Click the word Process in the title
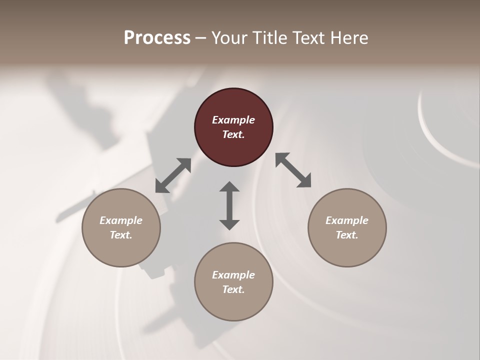(157, 38)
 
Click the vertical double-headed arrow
(229, 205)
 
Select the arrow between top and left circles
(173, 175)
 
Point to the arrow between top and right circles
(293, 170)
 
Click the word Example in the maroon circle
(233, 120)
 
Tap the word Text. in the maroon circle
(233, 134)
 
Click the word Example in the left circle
(121, 220)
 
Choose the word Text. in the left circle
(121, 235)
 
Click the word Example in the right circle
(347, 220)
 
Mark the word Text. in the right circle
(347, 235)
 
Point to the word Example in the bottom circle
(233, 275)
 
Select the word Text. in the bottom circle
(233, 289)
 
